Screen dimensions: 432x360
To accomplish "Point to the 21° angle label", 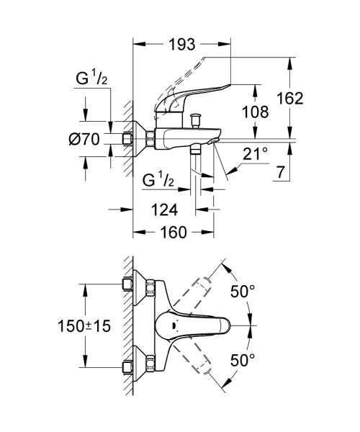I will click(x=256, y=153).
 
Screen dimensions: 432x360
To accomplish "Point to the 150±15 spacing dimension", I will click(x=84, y=326).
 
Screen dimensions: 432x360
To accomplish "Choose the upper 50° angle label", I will click(x=243, y=292).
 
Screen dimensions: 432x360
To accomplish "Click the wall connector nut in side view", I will click(x=150, y=139).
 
